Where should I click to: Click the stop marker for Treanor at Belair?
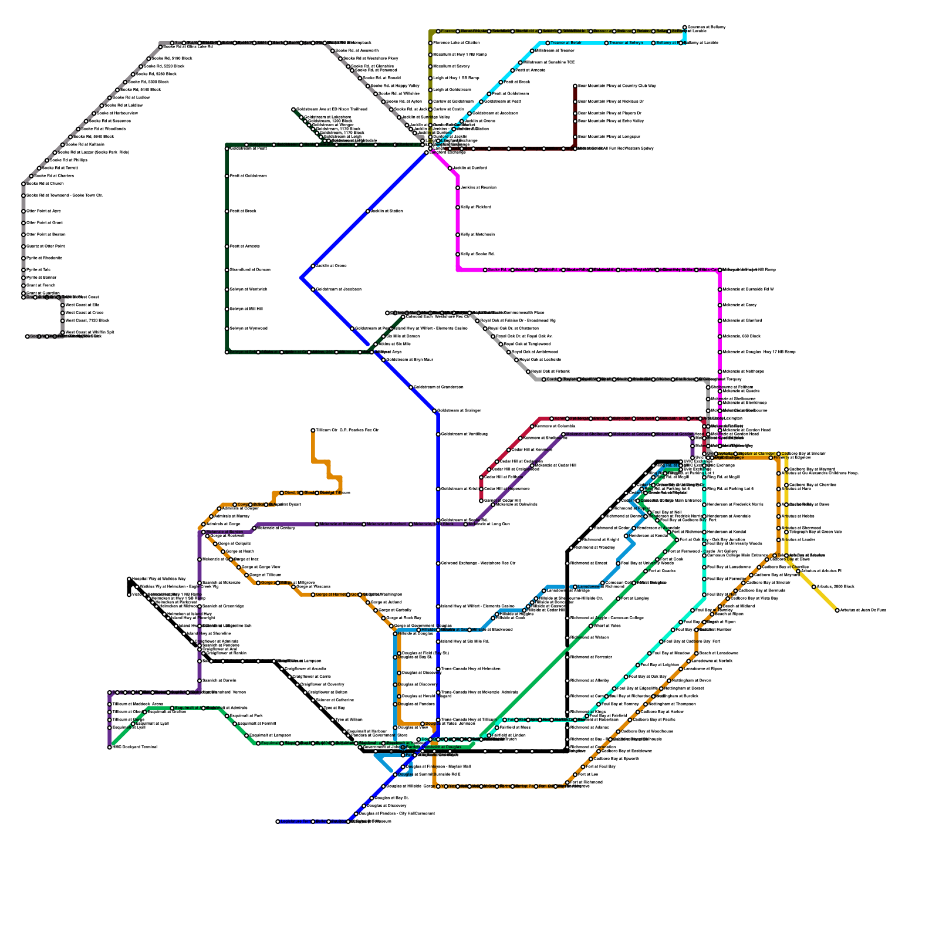tap(548, 43)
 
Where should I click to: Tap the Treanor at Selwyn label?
tap(626, 43)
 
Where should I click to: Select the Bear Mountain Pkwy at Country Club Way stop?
tap(575, 86)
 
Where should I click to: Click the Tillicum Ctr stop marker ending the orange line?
tap(313, 430)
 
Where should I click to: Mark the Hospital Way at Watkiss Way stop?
tap(129, 579)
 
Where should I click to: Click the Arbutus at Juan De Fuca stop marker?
tap(837, 610)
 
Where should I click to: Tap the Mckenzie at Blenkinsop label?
tap(340, 524)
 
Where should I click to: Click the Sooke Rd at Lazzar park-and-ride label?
tap(93, 153)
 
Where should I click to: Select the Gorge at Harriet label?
tap(331, 595)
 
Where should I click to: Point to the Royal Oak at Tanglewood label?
tap(527, 344)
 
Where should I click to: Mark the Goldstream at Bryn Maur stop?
tap(383, 360)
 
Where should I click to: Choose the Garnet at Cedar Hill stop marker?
tap(481, 501)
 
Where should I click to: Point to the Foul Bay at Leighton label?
tap(660, 665)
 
